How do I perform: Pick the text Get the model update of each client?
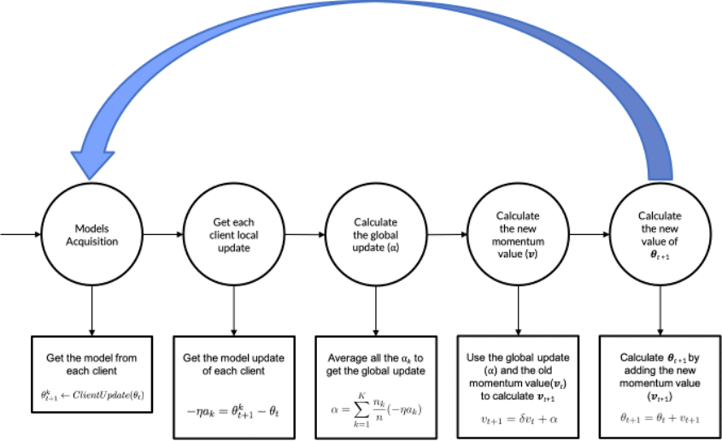pos(234,363)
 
